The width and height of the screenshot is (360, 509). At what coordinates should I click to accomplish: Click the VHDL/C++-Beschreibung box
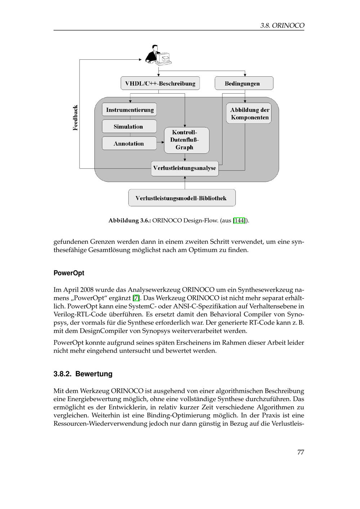click(x=160, y=84)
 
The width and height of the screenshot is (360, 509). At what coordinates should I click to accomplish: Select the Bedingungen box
click(x=244, y=84)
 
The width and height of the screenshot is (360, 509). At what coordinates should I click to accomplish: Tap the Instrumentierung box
click(x=130, y=110)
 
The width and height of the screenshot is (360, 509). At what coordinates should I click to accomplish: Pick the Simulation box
click(x=129, y=127)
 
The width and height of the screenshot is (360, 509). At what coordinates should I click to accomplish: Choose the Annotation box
click(x=129, y=144)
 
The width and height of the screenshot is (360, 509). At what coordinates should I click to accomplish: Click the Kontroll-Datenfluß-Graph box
click(x=186, y=140)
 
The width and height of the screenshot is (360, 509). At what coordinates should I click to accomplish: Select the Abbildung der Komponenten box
click(x=249, y=114)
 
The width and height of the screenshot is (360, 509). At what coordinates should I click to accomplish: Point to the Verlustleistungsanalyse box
click(x=185, y=168)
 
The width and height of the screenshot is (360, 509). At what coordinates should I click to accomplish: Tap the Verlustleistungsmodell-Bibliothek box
click(x=182, y=198)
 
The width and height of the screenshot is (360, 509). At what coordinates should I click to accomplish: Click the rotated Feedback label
click(x=75, y=118)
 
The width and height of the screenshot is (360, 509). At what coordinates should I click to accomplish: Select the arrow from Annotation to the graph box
click(x=161, y=143)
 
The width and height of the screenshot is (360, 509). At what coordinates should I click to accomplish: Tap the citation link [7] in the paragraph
click(x=136, y=298)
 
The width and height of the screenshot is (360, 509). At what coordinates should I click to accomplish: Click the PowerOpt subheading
click(x=69, y=273)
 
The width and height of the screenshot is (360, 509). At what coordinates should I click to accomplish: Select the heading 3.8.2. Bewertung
click(x=83, y=374)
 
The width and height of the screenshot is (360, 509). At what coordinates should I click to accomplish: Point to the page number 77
click(x=301, y=452)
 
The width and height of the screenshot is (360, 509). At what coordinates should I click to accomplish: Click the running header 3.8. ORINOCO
click(x=282, y=26)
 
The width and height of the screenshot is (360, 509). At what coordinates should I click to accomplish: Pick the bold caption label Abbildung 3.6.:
click(x=130, y=220)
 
